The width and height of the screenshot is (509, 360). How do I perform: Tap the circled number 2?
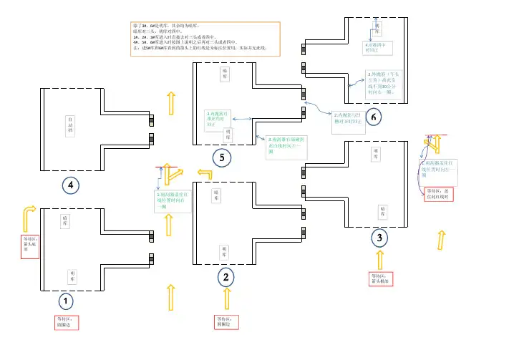coord(226,276)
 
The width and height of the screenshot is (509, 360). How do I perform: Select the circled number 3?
coord(380,237)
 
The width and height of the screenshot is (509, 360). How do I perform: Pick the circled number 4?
coord(69,185)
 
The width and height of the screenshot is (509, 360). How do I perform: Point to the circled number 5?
coord(222,158)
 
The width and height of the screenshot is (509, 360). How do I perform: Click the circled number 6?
coord(373,116)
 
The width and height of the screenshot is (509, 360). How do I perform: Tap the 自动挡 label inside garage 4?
coord(70,125)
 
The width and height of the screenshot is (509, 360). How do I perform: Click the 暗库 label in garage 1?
coord(64,221)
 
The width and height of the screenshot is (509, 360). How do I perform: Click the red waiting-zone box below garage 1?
coord(67,322)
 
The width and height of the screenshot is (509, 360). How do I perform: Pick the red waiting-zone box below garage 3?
coord(380,279)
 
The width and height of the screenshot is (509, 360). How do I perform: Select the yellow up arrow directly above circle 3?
coord(380,258)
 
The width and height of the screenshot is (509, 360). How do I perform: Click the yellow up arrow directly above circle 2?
coord(227,298)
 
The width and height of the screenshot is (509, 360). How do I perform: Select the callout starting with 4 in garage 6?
coord(376,48)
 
